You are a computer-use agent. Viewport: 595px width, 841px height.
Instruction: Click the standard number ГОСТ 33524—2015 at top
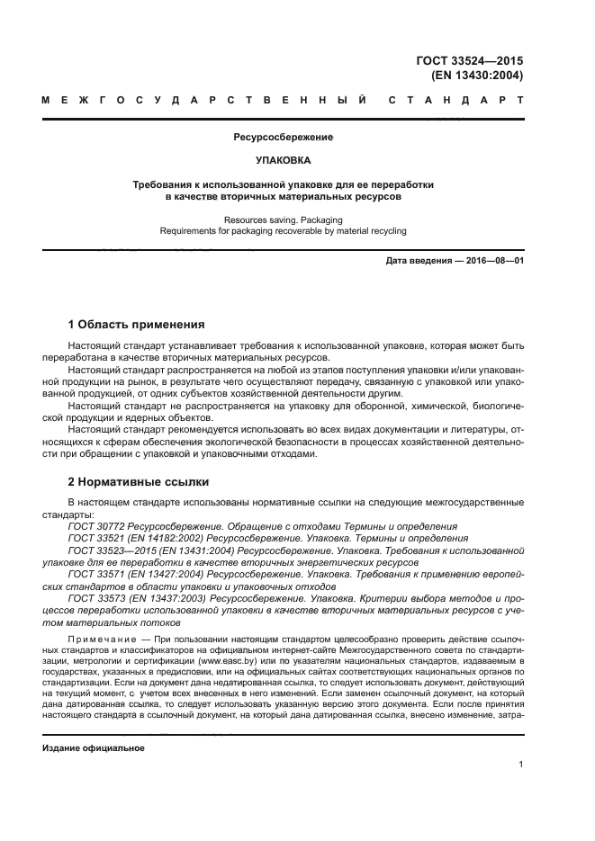click(473, 60)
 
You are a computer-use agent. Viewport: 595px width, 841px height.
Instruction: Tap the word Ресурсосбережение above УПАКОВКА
click(283, 139)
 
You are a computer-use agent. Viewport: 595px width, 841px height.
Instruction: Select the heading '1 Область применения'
click(137, 324)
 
